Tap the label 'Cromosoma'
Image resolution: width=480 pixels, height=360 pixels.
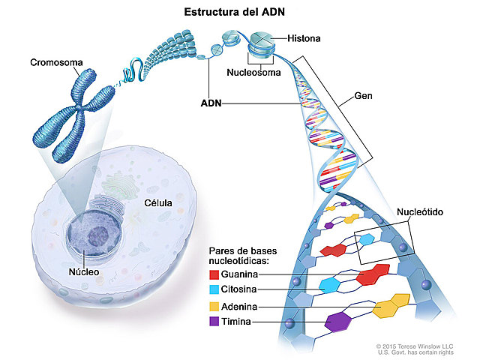56,61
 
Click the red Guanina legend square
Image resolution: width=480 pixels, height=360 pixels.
214,275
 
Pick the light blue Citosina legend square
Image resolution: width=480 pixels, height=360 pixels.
214,290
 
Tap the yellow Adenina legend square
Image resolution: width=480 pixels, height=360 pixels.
214,307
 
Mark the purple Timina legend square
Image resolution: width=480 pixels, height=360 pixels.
214,322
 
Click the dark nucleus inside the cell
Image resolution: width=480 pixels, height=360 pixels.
96,235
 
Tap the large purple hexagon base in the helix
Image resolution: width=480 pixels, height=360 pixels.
339,321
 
